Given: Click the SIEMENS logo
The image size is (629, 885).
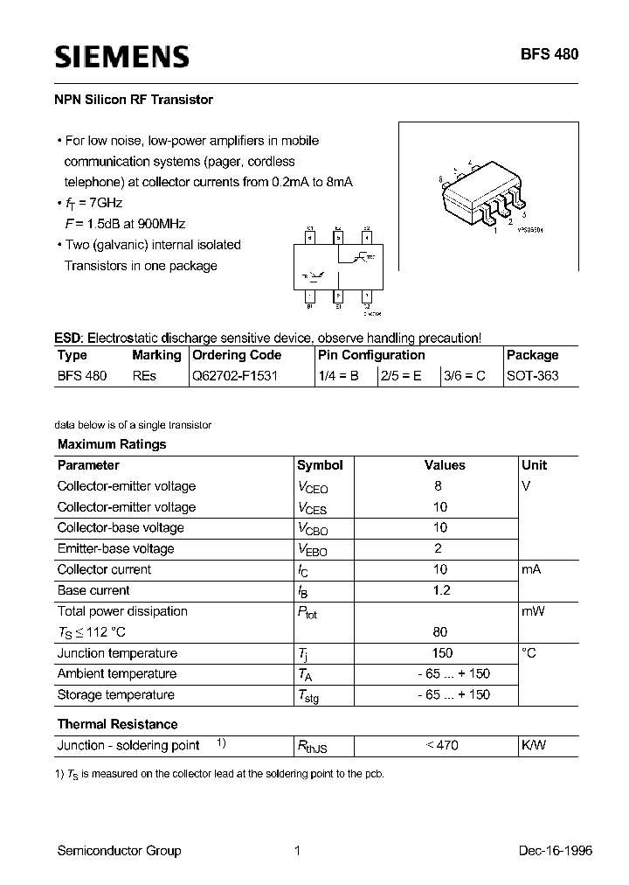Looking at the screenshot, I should (121, 57).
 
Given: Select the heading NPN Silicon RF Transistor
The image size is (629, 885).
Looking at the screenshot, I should (134, 100).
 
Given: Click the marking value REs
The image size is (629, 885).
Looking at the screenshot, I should (144, 376).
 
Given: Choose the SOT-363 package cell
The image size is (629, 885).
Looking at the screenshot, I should (532, 376).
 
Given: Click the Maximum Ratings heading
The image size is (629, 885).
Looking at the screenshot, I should (111, 444).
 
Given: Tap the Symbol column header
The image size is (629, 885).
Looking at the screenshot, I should (320, 465).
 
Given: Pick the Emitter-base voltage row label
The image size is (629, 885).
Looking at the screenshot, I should (115, 548).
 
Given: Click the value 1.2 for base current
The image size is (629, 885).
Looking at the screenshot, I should (441, 590).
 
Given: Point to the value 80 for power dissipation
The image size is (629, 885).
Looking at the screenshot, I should (440, 631).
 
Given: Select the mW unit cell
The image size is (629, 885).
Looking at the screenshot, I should (533, 611).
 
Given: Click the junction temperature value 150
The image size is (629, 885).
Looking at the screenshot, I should (442, 652).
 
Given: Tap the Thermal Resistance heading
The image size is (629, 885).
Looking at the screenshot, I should (117, 724).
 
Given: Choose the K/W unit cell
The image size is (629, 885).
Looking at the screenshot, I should (534, 745).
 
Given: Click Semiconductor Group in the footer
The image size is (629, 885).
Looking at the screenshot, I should (119, 850).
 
